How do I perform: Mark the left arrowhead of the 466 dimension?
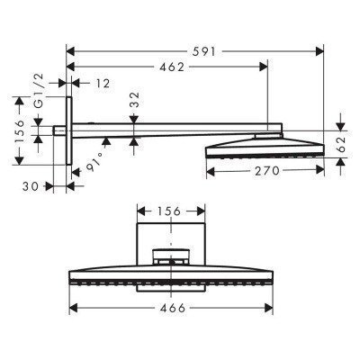click(73, 308)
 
